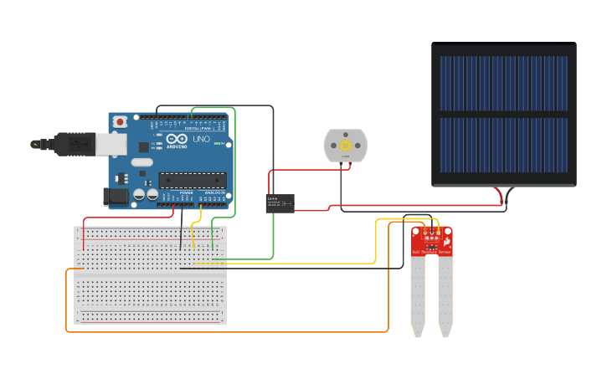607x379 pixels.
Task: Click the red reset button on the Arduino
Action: coord(121,122)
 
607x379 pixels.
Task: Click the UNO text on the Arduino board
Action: coord(201,140)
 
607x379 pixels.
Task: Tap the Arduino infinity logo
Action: coord(177,139)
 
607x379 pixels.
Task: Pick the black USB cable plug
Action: coord(75,144)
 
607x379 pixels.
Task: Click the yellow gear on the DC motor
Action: coord(345,146)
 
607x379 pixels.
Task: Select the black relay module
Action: coord(280,203)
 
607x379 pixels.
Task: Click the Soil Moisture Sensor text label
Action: coord(431,252)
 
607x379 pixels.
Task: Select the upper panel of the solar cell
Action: coord(504,84)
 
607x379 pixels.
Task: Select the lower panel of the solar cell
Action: coord(504,145)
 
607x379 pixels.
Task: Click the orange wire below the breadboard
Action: coord(226,331)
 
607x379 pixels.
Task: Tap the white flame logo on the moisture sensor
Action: coord(448,241)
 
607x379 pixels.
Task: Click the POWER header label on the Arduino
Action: coord(185,192)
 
